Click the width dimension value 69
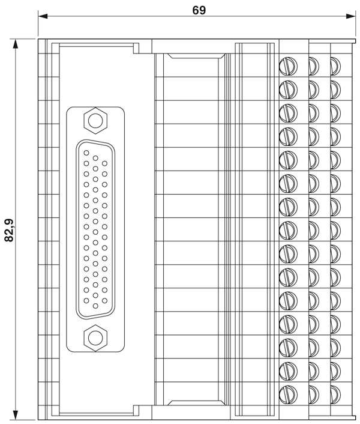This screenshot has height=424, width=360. (199, 10)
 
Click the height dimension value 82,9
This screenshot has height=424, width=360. (10, 229)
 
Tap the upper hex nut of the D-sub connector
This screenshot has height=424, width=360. (95, 121)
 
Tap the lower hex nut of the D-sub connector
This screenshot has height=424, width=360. (95, 338)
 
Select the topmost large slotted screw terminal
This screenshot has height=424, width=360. (288, 66)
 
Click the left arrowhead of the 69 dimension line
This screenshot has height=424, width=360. (43, 16)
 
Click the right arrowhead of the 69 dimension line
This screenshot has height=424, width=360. (350, 16)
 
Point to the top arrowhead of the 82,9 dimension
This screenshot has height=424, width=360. (16, 44)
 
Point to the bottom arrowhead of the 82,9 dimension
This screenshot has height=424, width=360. (16, 415)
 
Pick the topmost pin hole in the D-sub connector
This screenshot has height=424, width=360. (86, 153)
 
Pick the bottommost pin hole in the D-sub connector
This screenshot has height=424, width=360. (95, 306)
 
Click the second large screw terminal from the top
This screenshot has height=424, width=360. (288, 89)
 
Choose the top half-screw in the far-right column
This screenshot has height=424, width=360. (335, 66)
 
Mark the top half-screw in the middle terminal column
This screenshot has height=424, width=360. (314, 66)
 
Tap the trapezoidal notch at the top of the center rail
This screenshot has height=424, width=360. (196, 56)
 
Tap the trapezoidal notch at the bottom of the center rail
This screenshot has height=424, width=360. (196, 402)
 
